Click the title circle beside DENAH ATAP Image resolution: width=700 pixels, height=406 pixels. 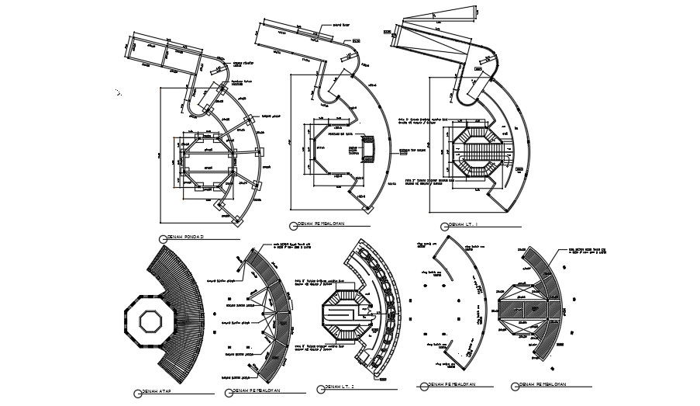tap(136, 393)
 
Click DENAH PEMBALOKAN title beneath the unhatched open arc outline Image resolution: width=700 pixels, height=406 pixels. tap(445, 384)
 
